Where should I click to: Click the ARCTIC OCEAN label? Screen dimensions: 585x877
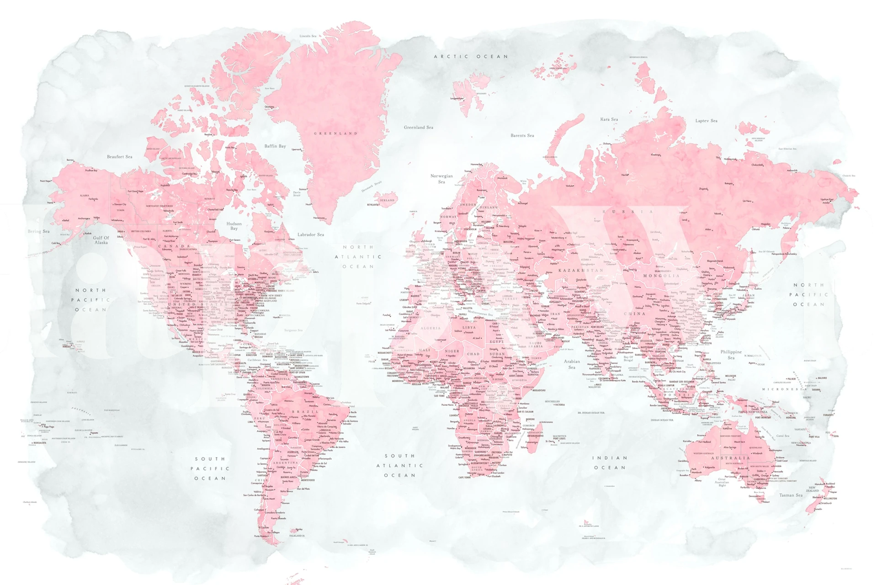pyautogui.click(x=471, y=57)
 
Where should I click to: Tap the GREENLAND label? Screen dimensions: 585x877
pyautogui.click(x=335, y=133)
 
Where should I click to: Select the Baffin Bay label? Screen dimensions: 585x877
pyautogui.click(x=275, y=146)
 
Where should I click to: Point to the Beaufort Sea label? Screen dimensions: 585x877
pyautogui.click(x=119, y=157)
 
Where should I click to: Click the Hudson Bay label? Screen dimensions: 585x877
pyautogui.click(x=234, y=226)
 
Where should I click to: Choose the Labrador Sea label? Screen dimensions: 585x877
pyautogui.click(x=310, y=234)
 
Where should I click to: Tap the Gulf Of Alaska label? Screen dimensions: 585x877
pyautogui.click(x=101, y=240)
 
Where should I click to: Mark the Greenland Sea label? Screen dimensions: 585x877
pyautogui.click(x=418, y=128)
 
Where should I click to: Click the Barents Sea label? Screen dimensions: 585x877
pyautogui.click(x=522, y=135)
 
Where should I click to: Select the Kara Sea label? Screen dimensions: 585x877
pyautogui.click(x=609, y=119)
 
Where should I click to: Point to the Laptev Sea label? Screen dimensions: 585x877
pyautogui.click(x=706, y=121)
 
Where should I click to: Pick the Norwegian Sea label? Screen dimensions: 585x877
pyautogui.click(x=441, y=179)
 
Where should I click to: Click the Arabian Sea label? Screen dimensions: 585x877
pyautogui.click(x=572, y=364)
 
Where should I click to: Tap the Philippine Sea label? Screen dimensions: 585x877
pyautogui.click(x=731, y=355)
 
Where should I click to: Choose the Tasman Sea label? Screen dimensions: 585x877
pyautogui.click(x=791, y=495)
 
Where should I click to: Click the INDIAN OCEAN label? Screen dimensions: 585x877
pyautogui.click(x=610, y=463)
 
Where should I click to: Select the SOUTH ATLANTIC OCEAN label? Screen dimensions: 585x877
pyautogui.click(x=399, y=465)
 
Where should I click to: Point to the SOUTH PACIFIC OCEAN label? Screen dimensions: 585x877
pyautogui.click(x=210, y=468)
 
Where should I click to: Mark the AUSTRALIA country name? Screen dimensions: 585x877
pyautogui.click(x=730, y=457)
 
